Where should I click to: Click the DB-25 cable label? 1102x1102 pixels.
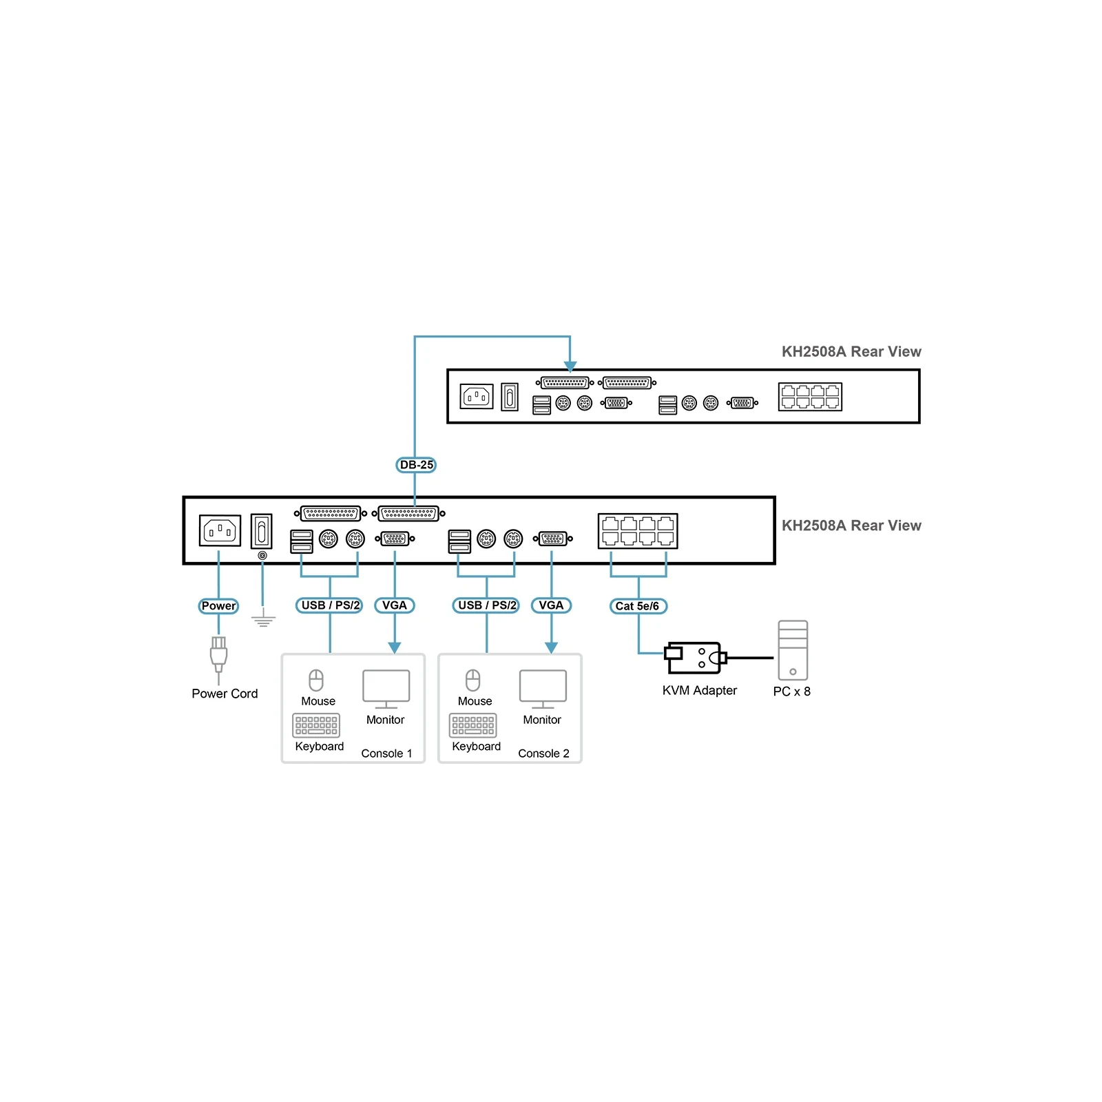pos(416,465)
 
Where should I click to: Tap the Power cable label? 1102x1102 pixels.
pos(218,606)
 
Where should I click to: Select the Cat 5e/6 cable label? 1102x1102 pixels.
pos(638,606)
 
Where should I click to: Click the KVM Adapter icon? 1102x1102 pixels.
pos(695,658)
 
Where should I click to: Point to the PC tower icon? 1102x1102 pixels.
pos(793,650)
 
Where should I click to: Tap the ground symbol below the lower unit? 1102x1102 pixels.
pos(263,618)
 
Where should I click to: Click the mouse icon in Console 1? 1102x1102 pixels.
pos(316,680)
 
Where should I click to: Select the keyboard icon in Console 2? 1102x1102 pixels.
pos(473,726)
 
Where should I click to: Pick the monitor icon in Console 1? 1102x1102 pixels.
pos(386,689)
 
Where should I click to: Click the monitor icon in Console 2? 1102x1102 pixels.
pos(543,689)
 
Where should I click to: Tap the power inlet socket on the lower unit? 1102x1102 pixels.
pos(220,530)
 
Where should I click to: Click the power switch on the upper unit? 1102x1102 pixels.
pos(510,397)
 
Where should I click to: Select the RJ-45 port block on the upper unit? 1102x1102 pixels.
pos(811,397)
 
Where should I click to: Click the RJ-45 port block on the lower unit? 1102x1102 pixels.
pos(638,531)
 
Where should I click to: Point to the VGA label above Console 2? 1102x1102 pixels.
pos(551,605)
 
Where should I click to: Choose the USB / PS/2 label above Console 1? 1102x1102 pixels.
pos(330,605)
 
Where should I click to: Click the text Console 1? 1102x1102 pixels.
pos(386,753)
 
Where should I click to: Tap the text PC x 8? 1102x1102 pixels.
pos(792,692)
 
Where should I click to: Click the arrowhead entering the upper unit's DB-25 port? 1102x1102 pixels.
pos(570,366)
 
